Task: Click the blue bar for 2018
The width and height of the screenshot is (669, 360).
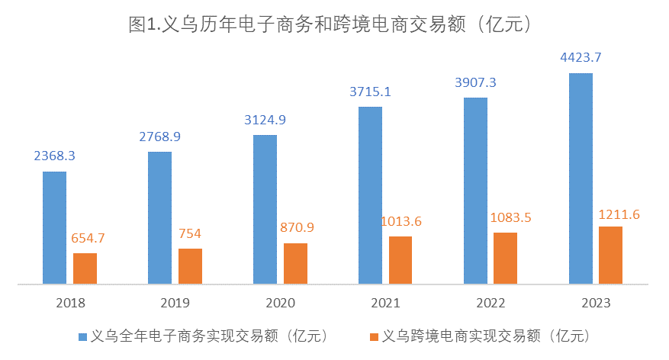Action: click(54, 227)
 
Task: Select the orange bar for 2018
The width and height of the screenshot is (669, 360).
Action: click(85, 268)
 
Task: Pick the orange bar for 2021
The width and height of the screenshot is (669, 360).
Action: click(400, 260)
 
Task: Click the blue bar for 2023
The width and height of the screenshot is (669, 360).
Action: click(581, 178)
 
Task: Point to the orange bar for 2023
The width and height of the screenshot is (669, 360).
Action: click(611, 255)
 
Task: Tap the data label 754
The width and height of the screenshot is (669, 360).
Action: click(190, 233)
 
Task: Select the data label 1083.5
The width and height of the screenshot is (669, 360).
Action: click(506, 217)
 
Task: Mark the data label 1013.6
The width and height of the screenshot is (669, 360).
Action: click(400, 221)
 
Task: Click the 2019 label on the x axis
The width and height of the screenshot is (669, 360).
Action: click(175, 303)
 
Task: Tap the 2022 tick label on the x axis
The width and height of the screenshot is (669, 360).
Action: click(490, 303)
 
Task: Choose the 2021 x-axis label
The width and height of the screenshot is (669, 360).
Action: click(385, 303)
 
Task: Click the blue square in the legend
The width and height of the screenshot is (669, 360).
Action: click(82, 336)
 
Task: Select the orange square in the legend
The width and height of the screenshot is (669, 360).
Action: click(373, 336)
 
